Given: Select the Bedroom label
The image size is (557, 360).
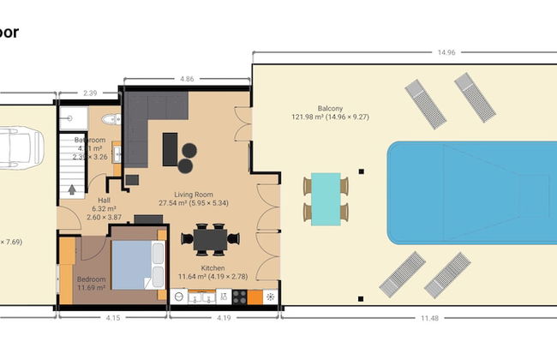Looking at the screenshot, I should pos(92,279).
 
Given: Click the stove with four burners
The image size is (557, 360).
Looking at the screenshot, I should pos(240,297).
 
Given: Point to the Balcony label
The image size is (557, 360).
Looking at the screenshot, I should pos(331,108).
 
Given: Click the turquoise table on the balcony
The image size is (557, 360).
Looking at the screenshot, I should pos(326,199).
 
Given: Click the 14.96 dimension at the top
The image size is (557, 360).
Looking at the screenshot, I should pos(446,53).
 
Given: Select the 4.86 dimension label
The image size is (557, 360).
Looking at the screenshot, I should pos(186,78).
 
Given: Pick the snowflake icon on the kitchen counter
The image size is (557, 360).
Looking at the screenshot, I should pos(270,297).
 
